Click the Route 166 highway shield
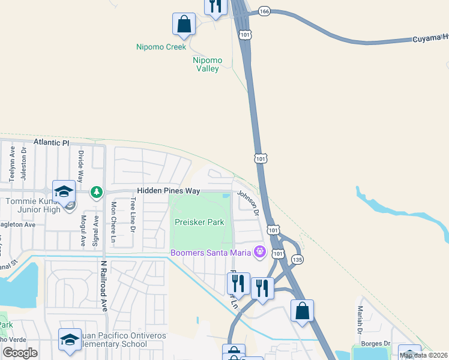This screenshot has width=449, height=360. (x=264, y=11)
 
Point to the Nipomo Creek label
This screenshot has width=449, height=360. (x=161, y=46)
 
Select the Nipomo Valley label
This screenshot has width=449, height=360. (x=208, y=65)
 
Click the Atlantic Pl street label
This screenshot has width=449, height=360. (x=52, y=143)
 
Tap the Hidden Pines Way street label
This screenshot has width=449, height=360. (x=168, y=191)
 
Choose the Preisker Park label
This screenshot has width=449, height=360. (x=199, y=222)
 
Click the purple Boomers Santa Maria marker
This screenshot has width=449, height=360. (x=260, y=251)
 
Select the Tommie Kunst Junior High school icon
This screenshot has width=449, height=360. (x=64, y=191)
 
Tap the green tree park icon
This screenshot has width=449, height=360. (x=95, y=192)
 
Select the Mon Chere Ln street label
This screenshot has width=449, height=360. (x=113, y=221)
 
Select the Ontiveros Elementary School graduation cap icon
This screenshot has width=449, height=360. (x=70, y=339)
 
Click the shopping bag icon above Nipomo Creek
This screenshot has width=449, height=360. (x=184, y=25)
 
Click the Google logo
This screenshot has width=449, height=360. (x=20, y=353)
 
